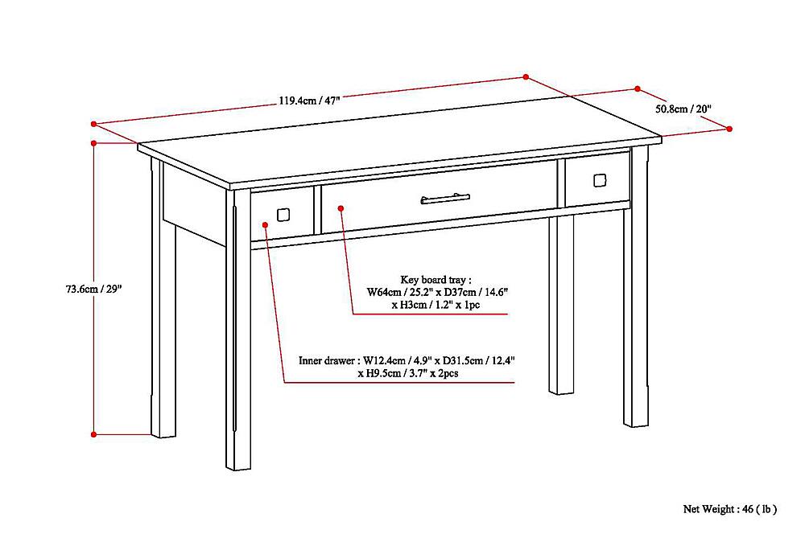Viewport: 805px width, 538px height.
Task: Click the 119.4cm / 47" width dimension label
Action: pos(310,101)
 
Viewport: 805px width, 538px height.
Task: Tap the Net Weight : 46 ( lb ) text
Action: pos(730,509)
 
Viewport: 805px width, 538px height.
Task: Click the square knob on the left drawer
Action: pos(283,215)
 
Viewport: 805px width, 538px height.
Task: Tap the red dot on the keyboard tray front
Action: pos(341,208)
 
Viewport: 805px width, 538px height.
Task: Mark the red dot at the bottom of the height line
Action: pos(94,434)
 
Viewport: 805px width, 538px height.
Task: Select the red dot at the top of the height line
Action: pos(94,144)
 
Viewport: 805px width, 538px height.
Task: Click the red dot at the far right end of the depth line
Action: pos(730,129)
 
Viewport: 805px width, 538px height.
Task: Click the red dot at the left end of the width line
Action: pos(94,124)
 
